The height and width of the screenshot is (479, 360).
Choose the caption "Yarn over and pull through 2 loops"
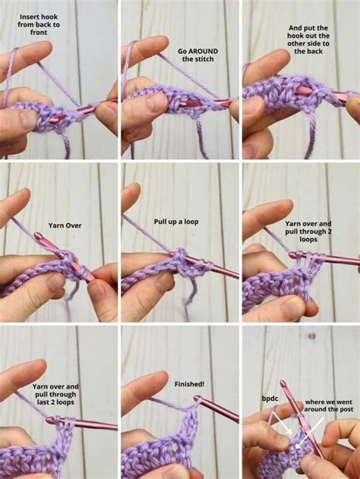308,231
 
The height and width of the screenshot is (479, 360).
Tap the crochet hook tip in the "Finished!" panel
197,398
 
